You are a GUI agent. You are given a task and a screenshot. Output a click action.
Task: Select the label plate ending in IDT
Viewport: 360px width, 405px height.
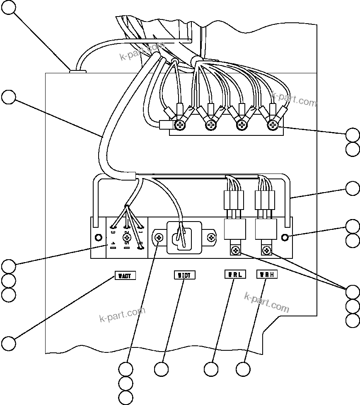pyautogui.click(x=184, y=275)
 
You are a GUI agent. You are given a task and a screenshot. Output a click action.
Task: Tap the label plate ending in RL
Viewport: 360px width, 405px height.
pyautogui.click(x=235, y=274)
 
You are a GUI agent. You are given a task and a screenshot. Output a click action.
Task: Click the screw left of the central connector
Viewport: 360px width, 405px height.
pyautogui.click(x=159, y=238)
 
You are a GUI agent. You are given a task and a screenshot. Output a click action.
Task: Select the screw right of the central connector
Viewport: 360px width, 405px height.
pyautogui.click(x=212, y=238)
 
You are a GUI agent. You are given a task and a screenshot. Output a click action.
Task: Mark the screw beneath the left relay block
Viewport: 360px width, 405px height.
pyautogui.click(x=235, y=250)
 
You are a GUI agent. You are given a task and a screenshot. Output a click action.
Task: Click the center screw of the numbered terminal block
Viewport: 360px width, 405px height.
pyautogui.click(x=127, y=237)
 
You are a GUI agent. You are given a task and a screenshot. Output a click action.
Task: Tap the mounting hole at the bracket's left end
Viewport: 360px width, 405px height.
pyautogui.click(x=98, y=237)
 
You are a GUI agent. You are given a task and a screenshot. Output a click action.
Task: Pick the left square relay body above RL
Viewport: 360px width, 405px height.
pyautogui.click(x=235, y=229)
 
